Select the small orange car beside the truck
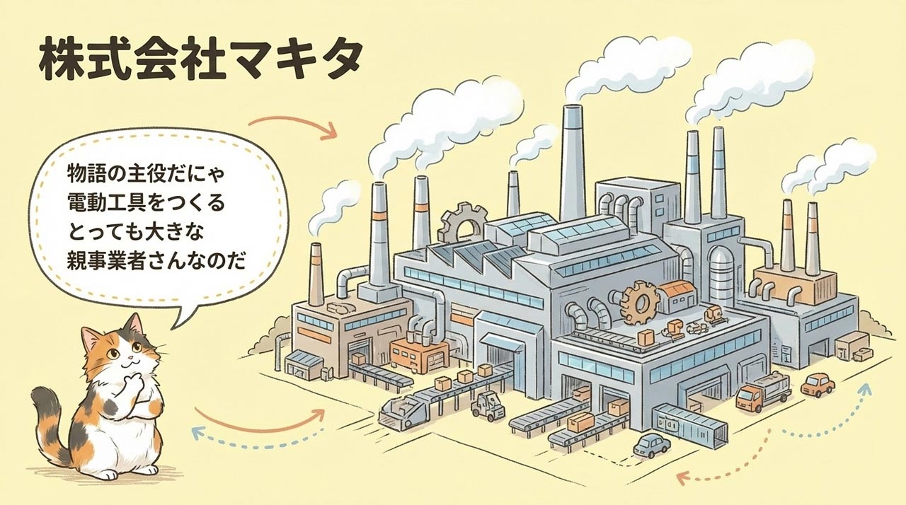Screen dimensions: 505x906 [818, 385]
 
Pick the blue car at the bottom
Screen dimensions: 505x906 [651, 446]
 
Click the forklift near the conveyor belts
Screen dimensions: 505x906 [488, 407]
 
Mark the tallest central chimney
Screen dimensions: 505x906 [573, 163]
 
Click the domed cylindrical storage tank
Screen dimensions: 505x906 [723, 277]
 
